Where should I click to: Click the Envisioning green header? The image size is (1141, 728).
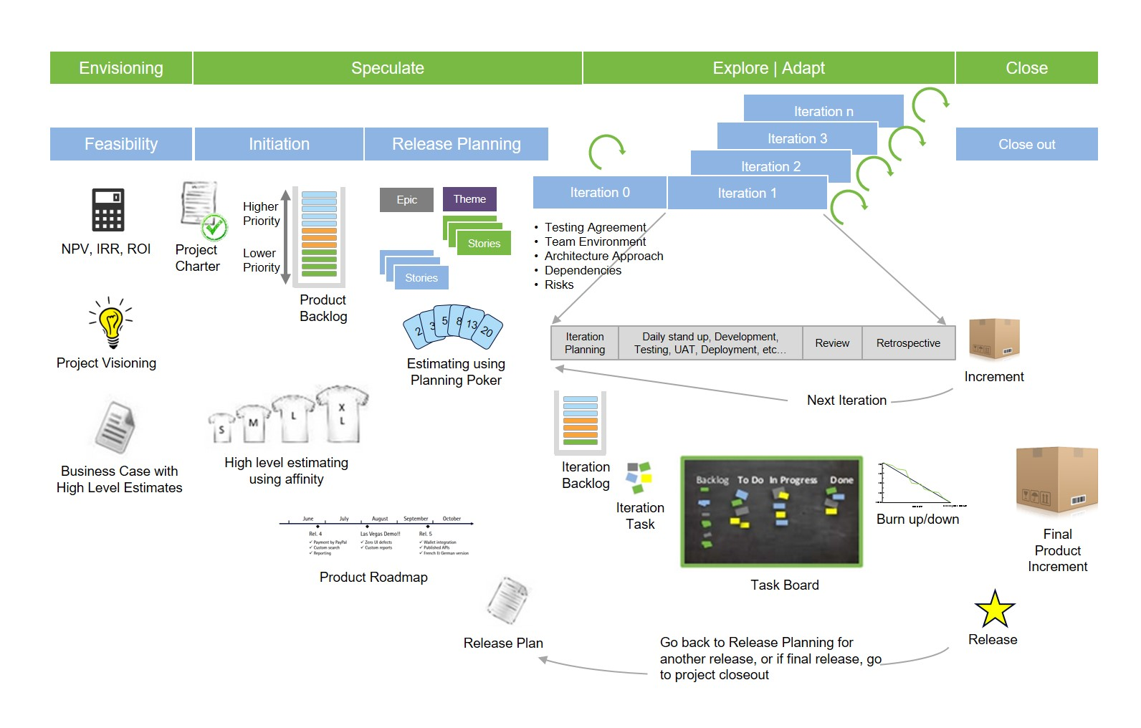(x=121, y=68)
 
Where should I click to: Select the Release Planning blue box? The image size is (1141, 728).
(x=457, y=144)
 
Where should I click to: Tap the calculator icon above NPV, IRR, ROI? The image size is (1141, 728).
(x=108, y=209)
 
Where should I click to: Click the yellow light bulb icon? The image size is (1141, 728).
(x=111, y=325)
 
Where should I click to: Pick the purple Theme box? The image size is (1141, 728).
(x=469, y=199)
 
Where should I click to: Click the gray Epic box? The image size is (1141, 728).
(x=406, y=200)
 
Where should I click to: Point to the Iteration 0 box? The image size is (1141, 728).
(x=600, y=192)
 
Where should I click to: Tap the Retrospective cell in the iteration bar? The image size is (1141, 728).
(x=908, y=343)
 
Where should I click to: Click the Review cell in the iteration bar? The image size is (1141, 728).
(x=832, y=343)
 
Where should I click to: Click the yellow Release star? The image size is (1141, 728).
(x=995, y=610)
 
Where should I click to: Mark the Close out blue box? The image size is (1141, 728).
(x=1026, y=144)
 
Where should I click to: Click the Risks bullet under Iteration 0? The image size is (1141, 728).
(x=559, y=284)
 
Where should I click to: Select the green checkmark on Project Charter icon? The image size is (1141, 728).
(x=214, y=228)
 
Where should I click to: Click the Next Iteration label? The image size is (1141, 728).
(x=846, y=400)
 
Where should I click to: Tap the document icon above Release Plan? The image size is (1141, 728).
(x=507, y=600)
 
